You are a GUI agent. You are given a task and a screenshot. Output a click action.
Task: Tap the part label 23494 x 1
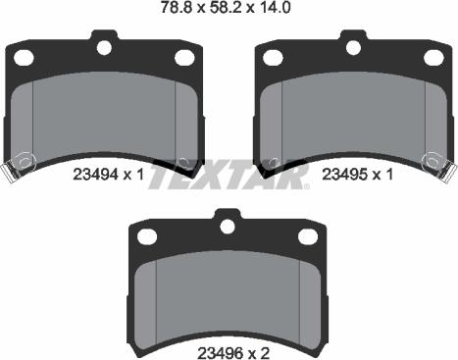(109, 174)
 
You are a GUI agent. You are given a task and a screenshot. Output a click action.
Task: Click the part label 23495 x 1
(358, 174)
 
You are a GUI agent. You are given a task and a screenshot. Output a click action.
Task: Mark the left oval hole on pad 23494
(25, 57)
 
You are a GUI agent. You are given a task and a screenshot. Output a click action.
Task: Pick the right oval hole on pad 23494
(184, 57)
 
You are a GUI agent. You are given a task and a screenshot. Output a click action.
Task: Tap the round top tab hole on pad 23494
(105, 45)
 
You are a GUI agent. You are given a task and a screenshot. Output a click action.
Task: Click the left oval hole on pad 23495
(274, 57)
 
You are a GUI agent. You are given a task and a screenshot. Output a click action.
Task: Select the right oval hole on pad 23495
(433, 57)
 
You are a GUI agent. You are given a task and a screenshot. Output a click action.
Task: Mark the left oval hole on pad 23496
(148, 236)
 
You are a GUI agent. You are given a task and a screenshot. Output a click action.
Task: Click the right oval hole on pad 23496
(308, 236)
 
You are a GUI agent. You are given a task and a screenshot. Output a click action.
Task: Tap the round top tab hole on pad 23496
(229, 226)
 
